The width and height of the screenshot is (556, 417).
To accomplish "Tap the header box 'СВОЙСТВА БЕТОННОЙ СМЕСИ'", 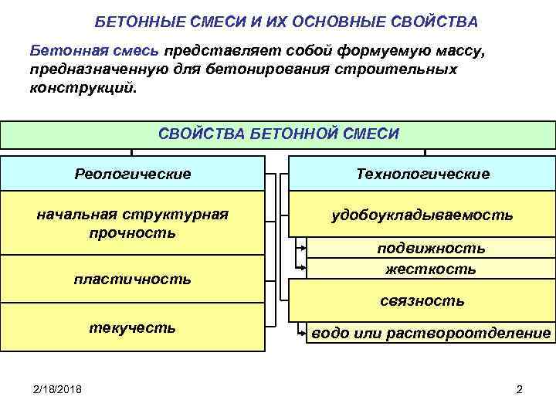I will (x=278, y=134).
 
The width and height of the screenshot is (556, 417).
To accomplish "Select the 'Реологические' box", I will (x=132, y=174).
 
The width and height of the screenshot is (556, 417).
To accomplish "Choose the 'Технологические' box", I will (x=422, y=174).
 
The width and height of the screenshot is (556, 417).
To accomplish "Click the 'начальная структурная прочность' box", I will (x=132, y=222).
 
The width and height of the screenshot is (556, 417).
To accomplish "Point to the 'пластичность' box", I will (x=132, y=279).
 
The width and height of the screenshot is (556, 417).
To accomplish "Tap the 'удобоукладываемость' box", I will (x=422, y=214).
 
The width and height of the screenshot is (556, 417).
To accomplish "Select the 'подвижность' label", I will (x=431, y=248).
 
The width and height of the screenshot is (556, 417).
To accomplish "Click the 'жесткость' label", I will (x=431, y=269).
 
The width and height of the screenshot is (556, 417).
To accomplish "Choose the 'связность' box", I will (x=422, y=300).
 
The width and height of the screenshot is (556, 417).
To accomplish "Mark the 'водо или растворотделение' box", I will (x=431, y=334).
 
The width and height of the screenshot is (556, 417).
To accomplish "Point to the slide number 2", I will (x=519, y=389).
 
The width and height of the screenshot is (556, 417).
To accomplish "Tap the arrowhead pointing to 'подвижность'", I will (x=302, y=249).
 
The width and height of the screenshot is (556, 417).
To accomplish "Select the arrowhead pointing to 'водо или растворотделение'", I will (x=302, y=334).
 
